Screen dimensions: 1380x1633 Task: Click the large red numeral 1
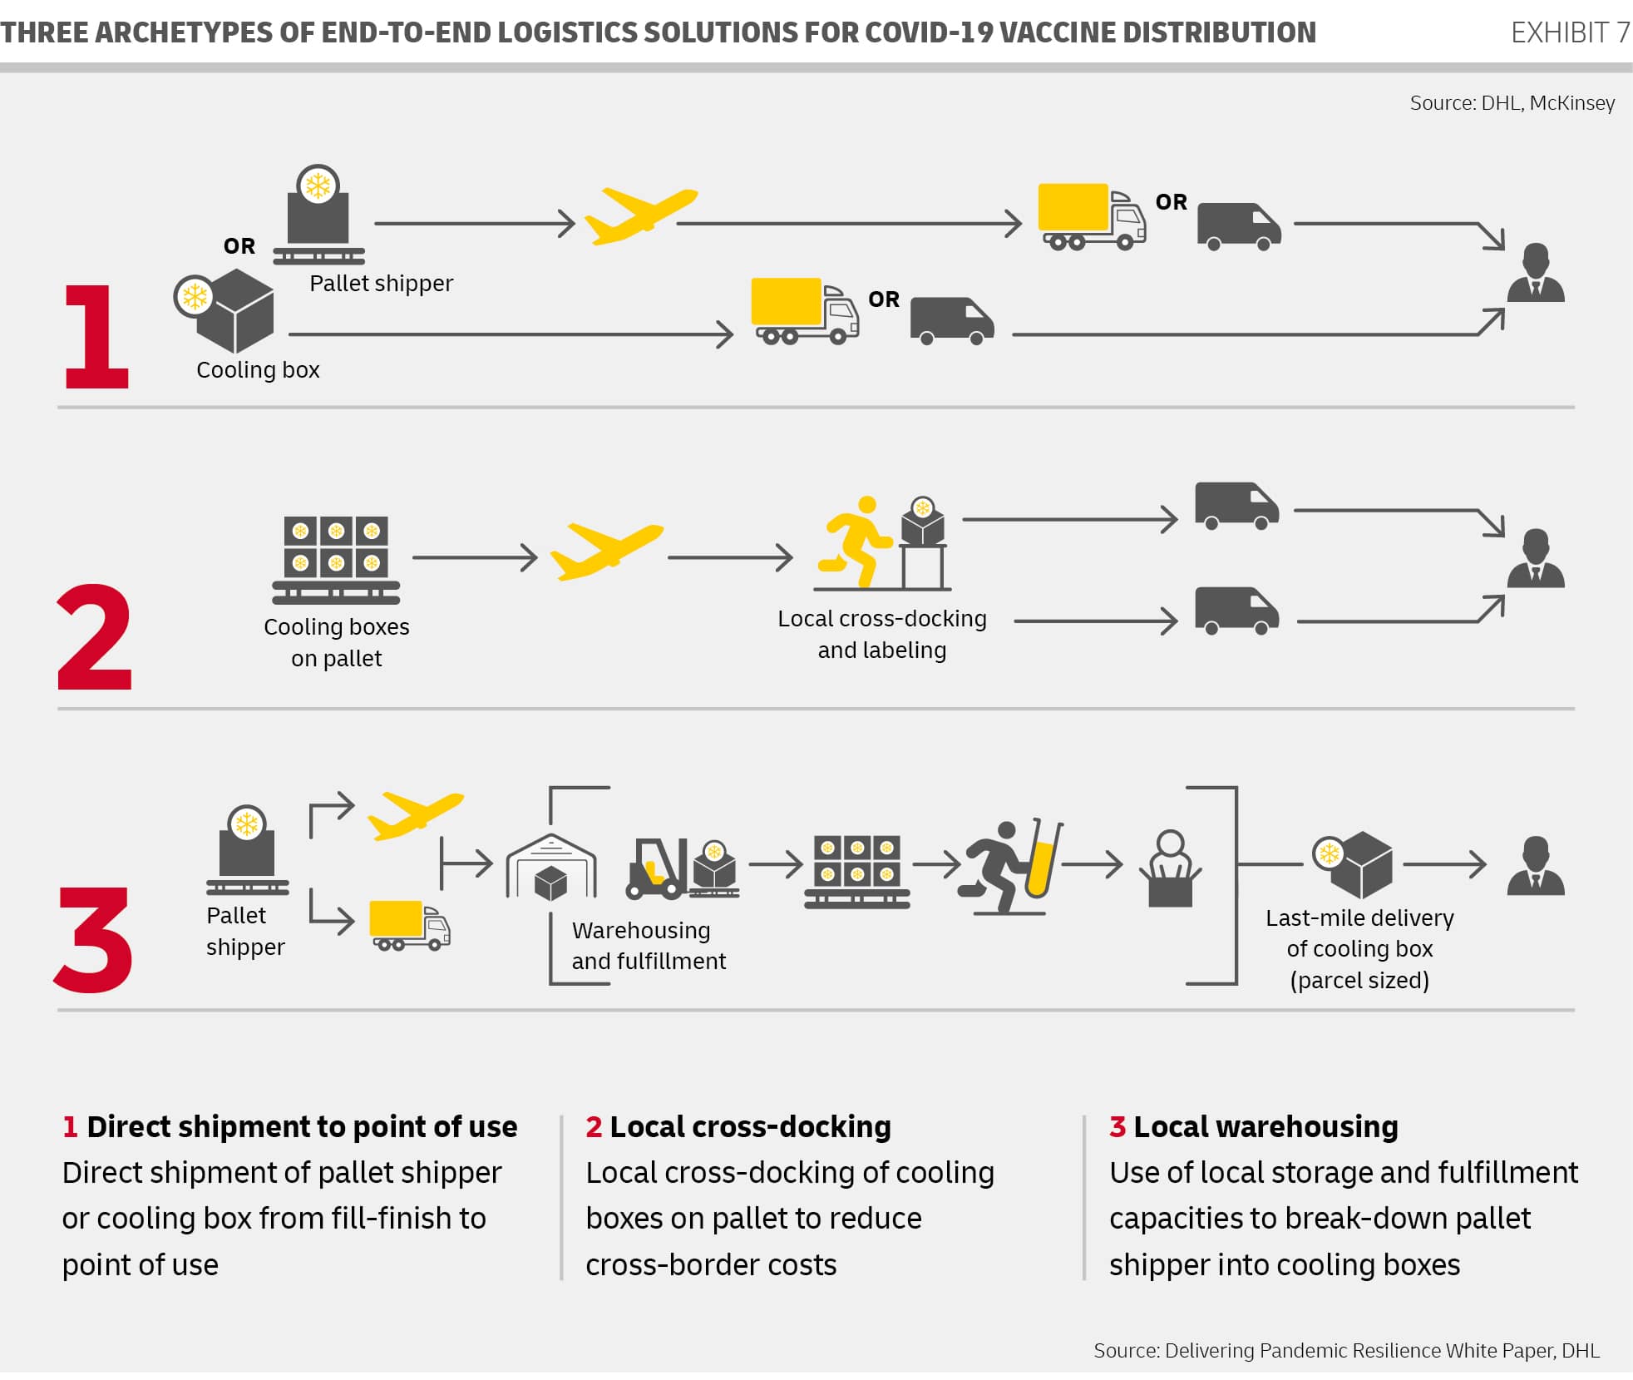(96, 336)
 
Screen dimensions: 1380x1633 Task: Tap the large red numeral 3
(94, 939)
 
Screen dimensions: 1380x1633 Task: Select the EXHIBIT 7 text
(1569, 32)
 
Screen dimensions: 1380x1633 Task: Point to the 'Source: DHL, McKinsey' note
(1512, 103)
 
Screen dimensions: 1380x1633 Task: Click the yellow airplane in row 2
(606, 550)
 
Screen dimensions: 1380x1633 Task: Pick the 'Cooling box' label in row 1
(258, 370)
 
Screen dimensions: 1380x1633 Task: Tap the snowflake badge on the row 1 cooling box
(195, 296)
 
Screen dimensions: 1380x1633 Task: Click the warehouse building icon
(550, 867)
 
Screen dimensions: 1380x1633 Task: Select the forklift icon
(657, 868)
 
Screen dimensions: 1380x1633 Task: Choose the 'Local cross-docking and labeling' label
(882, 634)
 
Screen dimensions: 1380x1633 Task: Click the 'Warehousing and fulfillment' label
(649, 946)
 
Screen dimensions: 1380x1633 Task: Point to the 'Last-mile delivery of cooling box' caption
(1359, 948)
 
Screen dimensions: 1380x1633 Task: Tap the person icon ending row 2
(1536, 558)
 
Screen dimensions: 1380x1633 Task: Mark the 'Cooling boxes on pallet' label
(337, 642)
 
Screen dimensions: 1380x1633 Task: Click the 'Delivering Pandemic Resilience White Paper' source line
(1345, 1350)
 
